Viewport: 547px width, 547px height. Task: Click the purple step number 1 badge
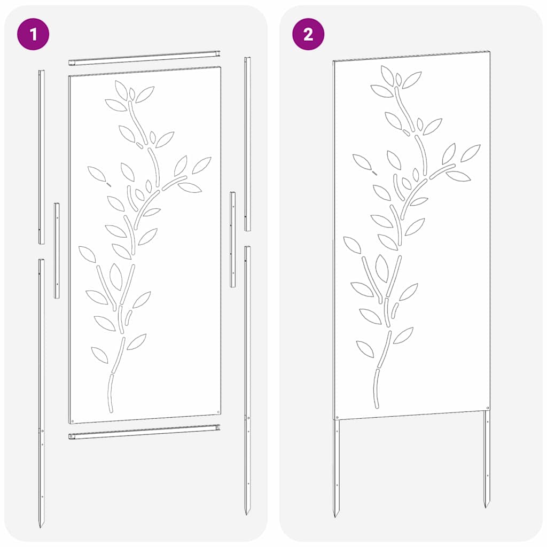[34, 35]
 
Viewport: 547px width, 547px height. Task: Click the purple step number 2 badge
[308, 35]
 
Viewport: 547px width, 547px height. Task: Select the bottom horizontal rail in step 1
[145, 432]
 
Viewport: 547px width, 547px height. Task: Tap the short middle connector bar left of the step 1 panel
[57, 250]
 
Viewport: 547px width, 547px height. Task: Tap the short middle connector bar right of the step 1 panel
[233, 239]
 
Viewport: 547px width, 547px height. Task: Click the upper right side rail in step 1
[247, 144]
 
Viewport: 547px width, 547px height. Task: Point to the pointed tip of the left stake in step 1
[41, 526]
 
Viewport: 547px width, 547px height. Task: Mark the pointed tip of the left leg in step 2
[336, 515]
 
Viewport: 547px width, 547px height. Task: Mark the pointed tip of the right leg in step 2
[487, 505]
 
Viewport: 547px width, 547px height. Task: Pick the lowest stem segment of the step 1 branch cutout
[110, 393]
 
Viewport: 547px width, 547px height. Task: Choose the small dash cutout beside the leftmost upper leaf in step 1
[109, 184]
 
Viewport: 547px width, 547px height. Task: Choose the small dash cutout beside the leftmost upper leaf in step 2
[374, 173]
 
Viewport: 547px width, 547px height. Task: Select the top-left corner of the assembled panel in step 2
[334, 61]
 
